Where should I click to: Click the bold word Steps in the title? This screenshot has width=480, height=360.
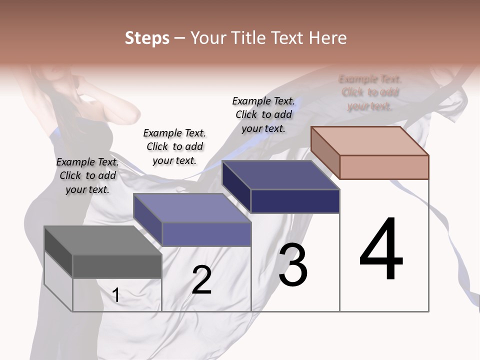[x=147, y=38]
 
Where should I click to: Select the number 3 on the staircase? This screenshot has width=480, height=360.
[x=293, y=264]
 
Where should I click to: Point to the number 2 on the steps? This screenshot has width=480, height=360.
[x=201, y=280]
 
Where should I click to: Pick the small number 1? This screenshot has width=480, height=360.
[x=116, y=295]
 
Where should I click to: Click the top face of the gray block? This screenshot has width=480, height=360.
[x=103, y=240]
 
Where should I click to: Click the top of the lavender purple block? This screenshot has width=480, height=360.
[x=192, y=208]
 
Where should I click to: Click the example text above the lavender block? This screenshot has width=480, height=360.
[x=174, y=146]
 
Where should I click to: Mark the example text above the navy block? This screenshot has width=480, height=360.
[x=263, y=114]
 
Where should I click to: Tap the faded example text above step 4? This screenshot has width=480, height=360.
[x=370, y=92]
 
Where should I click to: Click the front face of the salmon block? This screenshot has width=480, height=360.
[x=384, y=167]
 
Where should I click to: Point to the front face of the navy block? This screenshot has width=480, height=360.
[x=295, y=201]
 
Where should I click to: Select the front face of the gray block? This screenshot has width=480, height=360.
[x=117, y=266]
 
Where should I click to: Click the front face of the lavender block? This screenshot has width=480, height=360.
[x=206, y=234]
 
